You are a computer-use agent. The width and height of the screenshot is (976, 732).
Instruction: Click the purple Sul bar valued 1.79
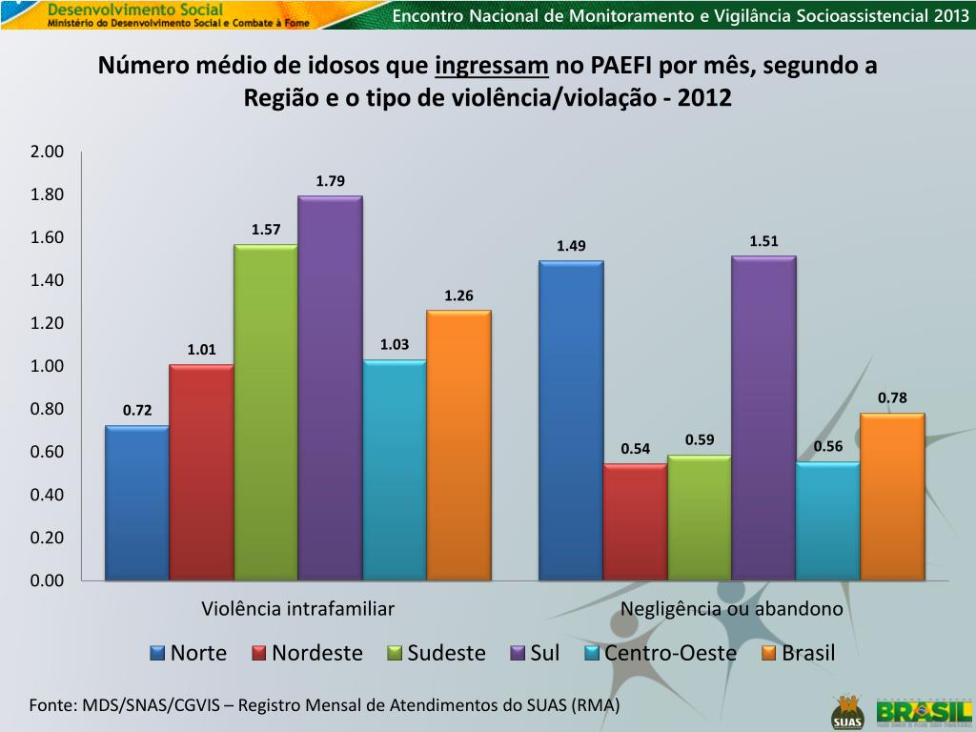tap(330, 388)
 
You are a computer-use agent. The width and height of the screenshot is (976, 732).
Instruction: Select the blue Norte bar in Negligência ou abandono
tap(571, 420)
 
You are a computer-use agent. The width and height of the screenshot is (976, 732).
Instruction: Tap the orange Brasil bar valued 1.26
tap(458, 445)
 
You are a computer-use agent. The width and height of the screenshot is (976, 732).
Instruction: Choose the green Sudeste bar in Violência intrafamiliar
tap(266, 412)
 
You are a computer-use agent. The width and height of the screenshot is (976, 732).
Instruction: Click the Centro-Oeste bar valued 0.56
tap(827, 521)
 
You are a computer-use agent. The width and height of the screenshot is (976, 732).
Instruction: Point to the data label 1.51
tap(763, 241)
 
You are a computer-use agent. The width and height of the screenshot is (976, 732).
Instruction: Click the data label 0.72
tap(137, 411)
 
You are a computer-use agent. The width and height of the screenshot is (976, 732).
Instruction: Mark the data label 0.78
tap(892, 398)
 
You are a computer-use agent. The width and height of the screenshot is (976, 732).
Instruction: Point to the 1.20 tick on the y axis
tap(47, 324)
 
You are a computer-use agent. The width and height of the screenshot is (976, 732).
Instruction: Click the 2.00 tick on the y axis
tap(47, 152)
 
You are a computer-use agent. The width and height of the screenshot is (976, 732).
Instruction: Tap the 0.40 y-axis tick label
tap(47, 496)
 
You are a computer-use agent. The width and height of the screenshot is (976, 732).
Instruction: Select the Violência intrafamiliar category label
tap(297, 609)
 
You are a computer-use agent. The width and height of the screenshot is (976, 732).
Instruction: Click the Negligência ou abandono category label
tap(732, 609)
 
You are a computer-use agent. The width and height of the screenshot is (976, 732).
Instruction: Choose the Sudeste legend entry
tap(436, 654)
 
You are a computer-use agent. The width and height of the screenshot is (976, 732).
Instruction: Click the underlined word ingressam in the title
tap(492, 67)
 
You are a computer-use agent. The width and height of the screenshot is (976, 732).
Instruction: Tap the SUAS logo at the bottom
tap(845, 711)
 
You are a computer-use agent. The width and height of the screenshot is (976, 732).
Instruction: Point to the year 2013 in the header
tap(948, 15)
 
